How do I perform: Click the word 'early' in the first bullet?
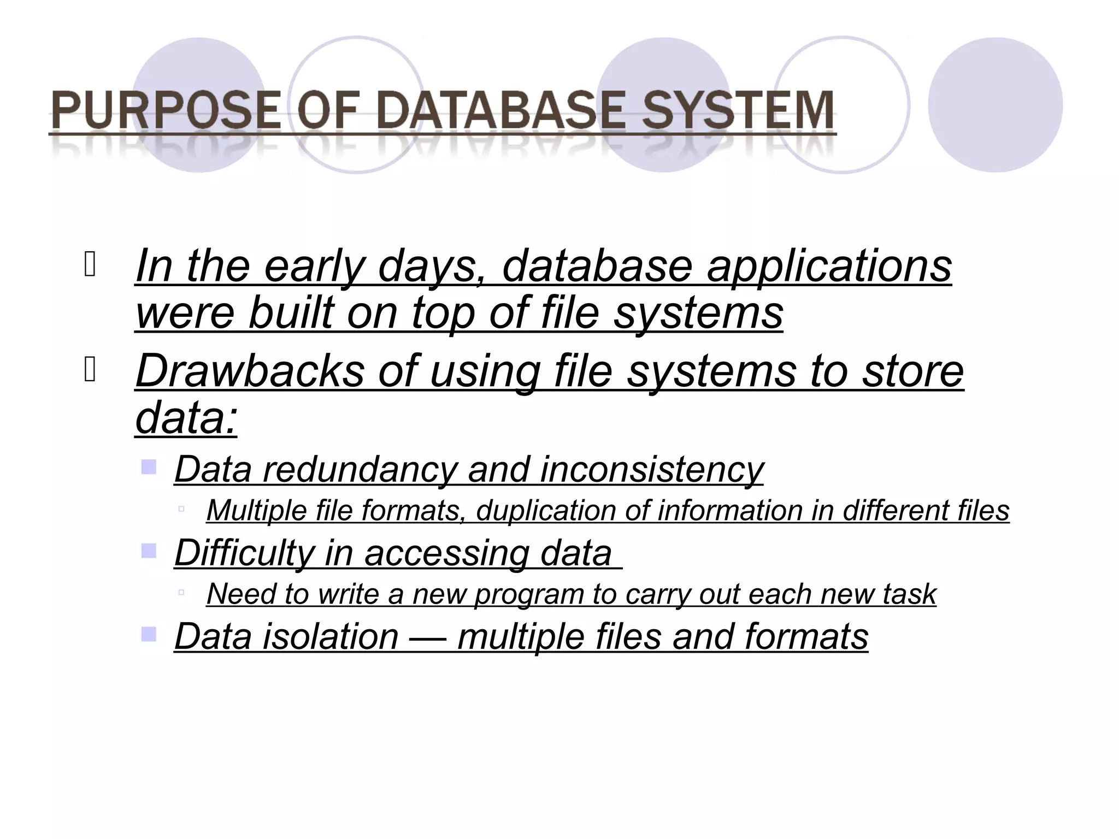(314, 267)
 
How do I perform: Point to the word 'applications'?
(829, 267)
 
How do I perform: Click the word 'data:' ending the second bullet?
(186, 418)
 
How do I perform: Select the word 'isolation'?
(331, 637)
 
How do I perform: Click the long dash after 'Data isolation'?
(428, 637)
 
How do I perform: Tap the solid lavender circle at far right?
(995, 105)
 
